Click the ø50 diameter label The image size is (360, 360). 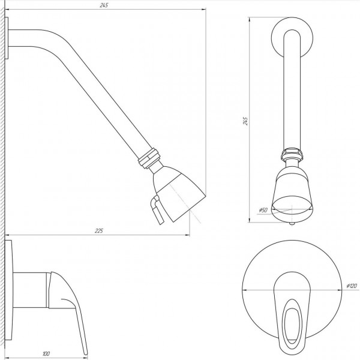(262, 209)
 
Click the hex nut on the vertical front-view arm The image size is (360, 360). (292, 155)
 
